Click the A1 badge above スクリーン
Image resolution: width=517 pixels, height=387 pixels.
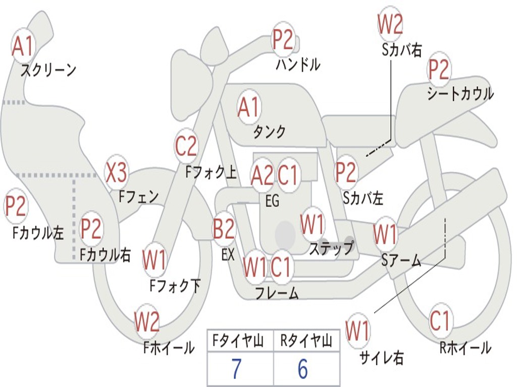click(23, 46)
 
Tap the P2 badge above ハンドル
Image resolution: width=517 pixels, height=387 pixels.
click(283, 39)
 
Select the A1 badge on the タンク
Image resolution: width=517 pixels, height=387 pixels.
click(249, 108)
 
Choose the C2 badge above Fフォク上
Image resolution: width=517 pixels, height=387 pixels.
click(186, 146)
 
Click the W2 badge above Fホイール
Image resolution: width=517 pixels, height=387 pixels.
click(147, 321)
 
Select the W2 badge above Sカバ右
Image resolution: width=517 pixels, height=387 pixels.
click(390, 24)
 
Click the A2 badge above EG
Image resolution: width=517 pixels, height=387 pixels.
click(262, 175)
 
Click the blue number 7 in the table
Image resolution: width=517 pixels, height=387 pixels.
click(236, 369)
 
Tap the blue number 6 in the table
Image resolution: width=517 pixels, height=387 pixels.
click(303, 369)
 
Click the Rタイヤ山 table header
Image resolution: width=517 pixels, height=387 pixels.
click(306, 341)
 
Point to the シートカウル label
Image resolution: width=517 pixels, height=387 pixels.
click(460, 93)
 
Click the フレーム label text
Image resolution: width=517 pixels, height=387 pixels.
click(277, 293)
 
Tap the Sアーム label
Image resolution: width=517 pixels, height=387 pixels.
click(401, 260)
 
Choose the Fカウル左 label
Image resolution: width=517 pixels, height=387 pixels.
click(38, 233)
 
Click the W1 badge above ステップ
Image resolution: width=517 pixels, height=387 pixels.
click(312, 224)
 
